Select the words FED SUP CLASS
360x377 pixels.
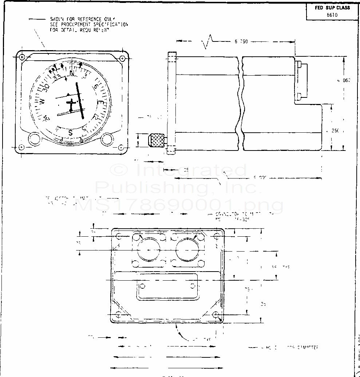[332, 8]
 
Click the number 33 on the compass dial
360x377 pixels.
[58, 77]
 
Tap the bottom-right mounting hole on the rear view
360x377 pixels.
[216, 314]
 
